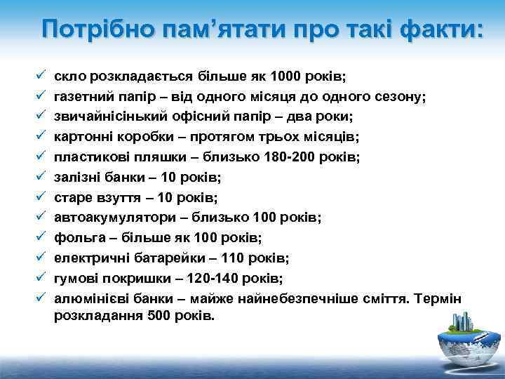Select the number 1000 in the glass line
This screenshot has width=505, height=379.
(290, 74)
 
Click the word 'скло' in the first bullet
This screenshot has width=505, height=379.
(69, 74)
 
